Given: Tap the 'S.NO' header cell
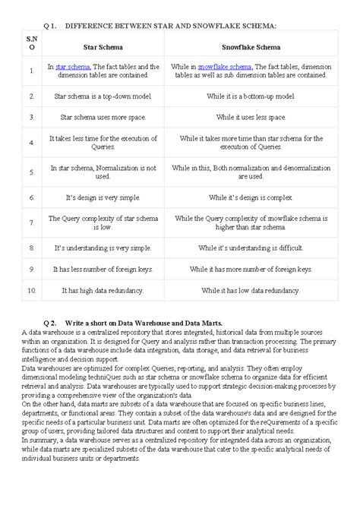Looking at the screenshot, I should (31, 43).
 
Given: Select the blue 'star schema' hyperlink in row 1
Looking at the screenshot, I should (72, 67).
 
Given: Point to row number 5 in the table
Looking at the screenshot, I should (31, 172).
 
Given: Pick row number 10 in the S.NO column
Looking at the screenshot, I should (31, 291).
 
